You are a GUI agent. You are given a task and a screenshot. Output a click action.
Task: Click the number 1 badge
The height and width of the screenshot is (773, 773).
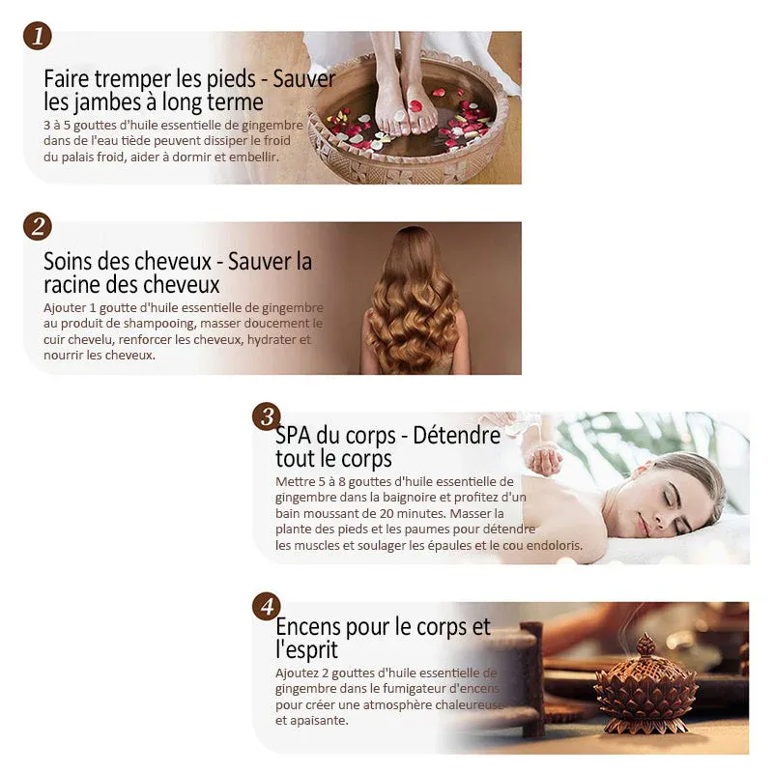38,36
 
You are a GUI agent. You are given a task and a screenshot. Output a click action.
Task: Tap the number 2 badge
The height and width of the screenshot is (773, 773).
38,226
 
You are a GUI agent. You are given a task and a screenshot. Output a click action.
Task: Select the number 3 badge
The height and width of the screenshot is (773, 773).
267,416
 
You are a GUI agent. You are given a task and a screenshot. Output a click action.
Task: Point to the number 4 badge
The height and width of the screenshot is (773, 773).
267,607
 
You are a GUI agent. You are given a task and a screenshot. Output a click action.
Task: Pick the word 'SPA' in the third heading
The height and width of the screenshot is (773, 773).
293,436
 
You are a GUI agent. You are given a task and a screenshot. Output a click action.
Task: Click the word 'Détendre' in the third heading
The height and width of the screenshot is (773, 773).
456,436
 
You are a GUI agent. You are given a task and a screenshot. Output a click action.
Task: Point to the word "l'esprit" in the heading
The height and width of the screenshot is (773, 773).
306,649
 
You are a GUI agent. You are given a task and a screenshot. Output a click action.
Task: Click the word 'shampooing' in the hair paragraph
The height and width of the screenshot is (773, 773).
159,324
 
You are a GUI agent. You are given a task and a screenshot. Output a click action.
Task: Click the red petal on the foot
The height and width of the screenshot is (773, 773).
415,105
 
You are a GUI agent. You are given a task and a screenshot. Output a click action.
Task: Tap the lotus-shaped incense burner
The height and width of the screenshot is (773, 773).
646,684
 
